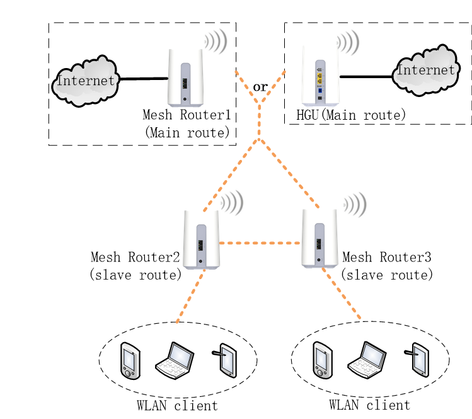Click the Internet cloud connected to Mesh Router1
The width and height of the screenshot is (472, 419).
click(85, 81)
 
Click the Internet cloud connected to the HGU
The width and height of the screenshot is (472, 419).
click(425, 71)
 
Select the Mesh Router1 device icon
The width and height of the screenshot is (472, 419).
click(185, 77)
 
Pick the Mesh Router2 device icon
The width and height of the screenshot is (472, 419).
click(201, 240)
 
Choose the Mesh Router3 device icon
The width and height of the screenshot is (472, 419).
click(319, 239)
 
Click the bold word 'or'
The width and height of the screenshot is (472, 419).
click(260, 86)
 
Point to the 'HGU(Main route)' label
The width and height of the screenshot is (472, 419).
click(351, 115)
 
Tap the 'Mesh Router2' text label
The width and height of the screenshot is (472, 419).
click(135, 258)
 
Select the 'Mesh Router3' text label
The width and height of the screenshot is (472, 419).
click(387, 258)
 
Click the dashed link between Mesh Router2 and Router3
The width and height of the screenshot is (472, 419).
click(260, 243)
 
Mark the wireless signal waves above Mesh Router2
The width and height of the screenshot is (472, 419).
click(231, 203)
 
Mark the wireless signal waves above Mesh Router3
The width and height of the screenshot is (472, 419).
click(354, 205)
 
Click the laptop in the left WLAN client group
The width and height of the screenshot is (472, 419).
click(175, 360)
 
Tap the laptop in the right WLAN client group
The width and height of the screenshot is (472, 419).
click(366, 360)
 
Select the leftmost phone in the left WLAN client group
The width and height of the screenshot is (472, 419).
click(130, 360)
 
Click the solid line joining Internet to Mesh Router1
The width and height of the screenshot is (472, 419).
click(144, 79)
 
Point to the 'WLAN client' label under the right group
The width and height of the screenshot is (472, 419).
click(369, 405)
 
